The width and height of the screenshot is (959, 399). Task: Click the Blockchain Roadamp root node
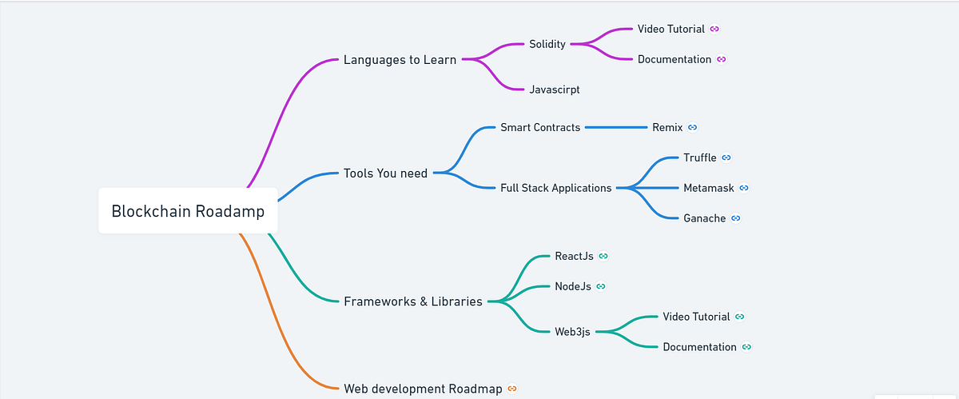(x=188, y=211)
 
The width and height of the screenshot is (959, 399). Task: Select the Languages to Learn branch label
(x=400, y=59)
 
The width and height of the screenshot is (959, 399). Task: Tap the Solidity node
(x=547, y=44)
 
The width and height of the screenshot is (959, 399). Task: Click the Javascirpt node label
(x=554, y=90)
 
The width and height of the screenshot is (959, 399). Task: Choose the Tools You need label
(x=385, y=173)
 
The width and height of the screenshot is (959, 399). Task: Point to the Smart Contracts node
(x=540, y=127)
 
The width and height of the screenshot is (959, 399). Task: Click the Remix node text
(x=667, y=127)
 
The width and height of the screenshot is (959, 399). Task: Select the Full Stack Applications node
(x=555, y=188)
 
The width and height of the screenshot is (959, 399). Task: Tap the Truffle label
(x=700, y=158)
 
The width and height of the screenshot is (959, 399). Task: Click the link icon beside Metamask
(x=744, y=188)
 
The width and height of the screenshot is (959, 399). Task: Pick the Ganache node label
(x=705, y=217)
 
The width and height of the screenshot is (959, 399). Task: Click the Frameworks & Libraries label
(x=412, y=301)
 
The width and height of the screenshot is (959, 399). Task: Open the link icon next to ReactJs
(x=603, y=256)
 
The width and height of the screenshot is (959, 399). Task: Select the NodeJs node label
(x=573, y=286)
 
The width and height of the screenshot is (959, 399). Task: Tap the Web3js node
(x=572, y=332)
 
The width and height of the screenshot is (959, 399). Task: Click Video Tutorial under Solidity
(x=671, y=29)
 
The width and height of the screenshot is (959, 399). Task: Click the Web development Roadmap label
(x=423, y=389)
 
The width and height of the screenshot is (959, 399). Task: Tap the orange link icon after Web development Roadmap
(x=512, y=389)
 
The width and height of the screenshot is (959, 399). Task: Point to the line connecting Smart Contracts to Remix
(x=615, y=127)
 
